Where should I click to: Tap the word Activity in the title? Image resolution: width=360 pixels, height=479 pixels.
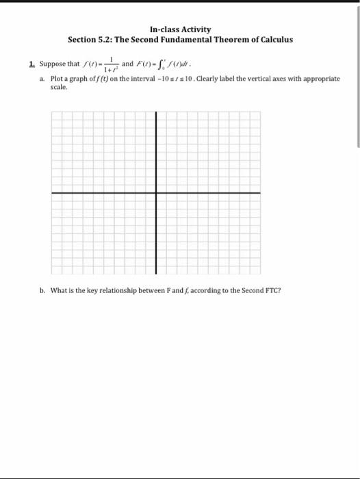click(x=196, y=29)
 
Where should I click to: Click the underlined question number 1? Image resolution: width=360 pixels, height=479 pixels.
click(x=32, y=64)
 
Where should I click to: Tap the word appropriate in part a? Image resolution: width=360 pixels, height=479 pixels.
click(x=320, y=79)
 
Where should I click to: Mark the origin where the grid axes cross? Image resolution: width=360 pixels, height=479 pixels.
click(x=156, y=193)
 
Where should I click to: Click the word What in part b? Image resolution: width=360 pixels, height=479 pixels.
click(x=60, y=290)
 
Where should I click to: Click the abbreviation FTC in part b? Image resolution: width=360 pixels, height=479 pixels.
click(x=273, y=290)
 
